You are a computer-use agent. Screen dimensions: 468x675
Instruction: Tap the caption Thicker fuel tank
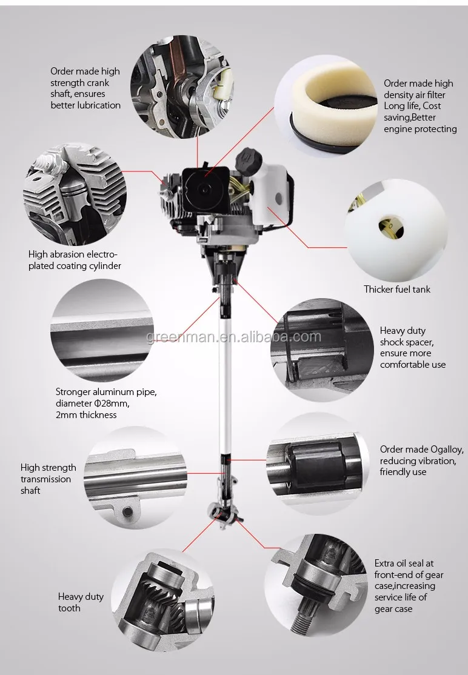pos(397,289)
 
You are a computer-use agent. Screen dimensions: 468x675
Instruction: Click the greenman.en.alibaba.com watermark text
pos(234,336)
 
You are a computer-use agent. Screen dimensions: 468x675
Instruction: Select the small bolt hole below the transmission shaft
pos(127,512)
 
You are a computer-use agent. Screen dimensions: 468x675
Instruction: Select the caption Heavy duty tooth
pos(81,602)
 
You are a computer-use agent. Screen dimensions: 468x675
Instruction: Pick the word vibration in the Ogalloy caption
pos(437,461)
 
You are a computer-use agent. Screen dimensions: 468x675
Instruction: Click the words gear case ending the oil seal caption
pos(393,609)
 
